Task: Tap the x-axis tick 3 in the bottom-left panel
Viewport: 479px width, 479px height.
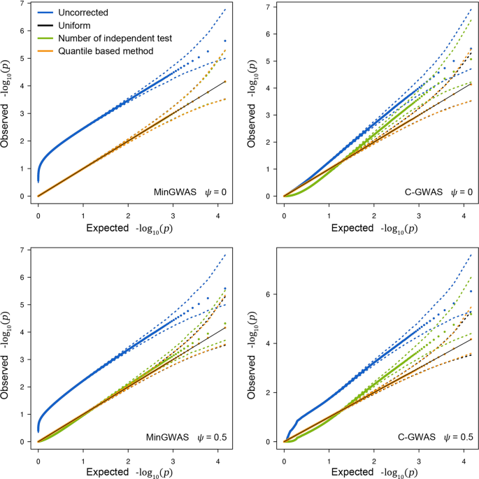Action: pos(173,459)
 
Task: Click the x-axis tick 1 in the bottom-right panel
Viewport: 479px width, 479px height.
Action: pos(329,459)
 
